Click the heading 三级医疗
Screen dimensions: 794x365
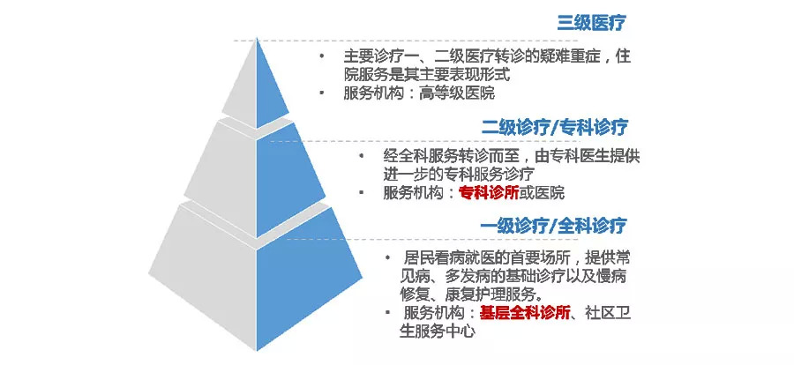[589, 23]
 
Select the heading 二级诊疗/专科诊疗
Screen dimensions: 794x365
[554, 127]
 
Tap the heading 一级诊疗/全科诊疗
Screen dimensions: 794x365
[554, 226]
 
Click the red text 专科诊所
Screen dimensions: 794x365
[489, 193]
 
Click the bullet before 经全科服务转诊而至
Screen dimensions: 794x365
[361, 155]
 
